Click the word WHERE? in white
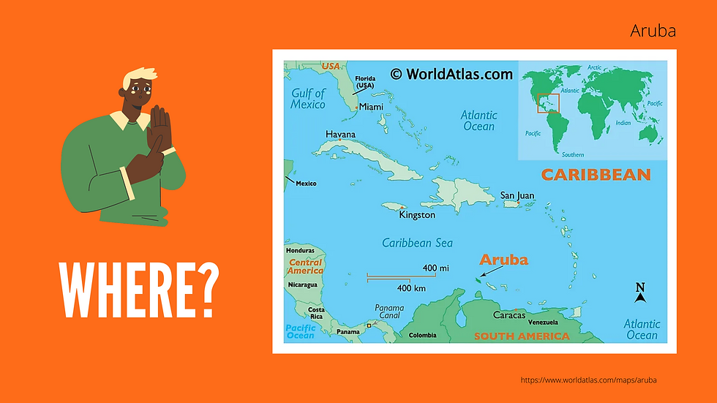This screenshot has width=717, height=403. coord(140,290)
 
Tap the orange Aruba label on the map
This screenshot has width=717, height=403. coord(503,260)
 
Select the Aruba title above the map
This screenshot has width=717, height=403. coord(653,31)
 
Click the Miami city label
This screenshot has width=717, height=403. coord(371,107)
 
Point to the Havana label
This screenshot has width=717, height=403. coord(340,135)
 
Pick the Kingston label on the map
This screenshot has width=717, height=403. coord(417,215)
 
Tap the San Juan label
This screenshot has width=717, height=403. coord(517,196)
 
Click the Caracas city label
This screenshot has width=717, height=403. coord(509,315)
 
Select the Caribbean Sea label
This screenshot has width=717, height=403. coord(418,243)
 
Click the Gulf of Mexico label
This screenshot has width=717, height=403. coord(308,99)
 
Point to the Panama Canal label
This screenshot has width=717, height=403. coord(389,312)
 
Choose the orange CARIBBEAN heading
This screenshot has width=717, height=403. coord(596,175)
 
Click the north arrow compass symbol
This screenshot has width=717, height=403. coord(640,293)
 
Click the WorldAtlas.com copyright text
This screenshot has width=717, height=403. coord(451,73)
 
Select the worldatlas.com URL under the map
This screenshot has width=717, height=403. coord(588,380)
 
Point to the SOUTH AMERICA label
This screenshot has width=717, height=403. coord(521,336)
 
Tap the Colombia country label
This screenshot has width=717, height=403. coord(422,336)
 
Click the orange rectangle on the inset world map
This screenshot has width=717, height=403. coord(548,104)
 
